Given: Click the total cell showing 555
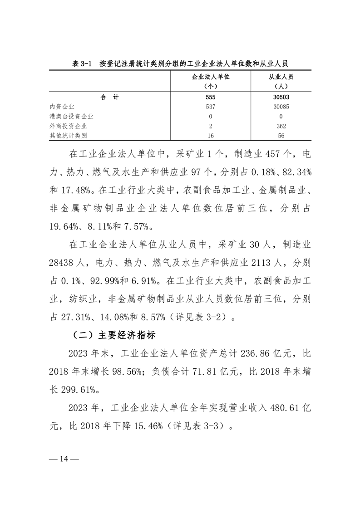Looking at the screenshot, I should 211,97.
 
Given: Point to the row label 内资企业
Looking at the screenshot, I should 62,107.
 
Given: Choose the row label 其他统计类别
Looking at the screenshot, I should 69,135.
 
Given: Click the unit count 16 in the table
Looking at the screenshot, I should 211,135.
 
